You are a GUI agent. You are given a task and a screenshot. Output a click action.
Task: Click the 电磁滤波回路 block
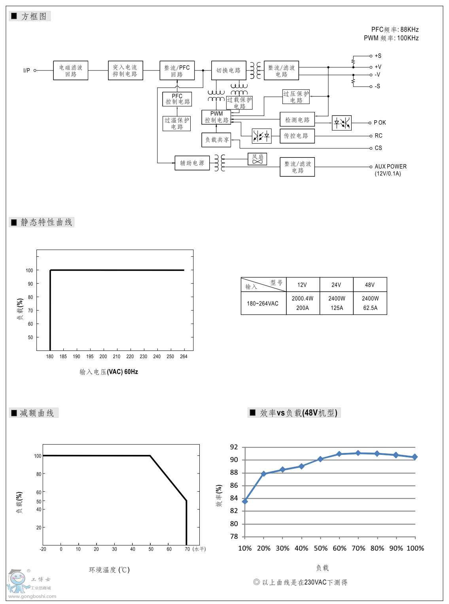point(70,70)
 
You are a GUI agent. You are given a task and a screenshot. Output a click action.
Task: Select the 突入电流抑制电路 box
point(125,70)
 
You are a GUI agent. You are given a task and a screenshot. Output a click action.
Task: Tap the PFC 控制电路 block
point(177,99)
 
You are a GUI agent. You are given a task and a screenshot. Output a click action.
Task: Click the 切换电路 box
point(229,70)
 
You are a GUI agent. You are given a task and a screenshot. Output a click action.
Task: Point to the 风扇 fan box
point(257,159)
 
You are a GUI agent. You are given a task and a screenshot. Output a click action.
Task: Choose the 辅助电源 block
point(192,163)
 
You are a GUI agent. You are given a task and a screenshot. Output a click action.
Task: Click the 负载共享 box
point(216,140)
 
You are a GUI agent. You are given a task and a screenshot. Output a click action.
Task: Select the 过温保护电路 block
point(177,123)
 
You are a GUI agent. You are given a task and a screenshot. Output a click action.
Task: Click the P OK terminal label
point(380,123)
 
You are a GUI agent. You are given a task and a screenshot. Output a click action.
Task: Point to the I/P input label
point(27,70)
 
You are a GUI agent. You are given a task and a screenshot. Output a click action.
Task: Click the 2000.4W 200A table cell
point(303,303)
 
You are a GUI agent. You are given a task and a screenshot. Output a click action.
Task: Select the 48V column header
point(370,285)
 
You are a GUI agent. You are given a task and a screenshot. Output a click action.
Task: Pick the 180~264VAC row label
point(263,303)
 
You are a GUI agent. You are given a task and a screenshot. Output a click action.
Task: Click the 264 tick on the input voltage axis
point(184,356)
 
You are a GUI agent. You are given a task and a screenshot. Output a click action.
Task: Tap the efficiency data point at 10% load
point(245,502)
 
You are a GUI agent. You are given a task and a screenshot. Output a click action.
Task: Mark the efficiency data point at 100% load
point(415,457)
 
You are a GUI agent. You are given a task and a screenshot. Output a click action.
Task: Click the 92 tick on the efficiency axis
point(234,447)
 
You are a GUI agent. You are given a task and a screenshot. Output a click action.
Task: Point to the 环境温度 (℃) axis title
point(109,570)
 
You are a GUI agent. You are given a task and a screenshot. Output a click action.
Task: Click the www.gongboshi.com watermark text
point(32,596)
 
